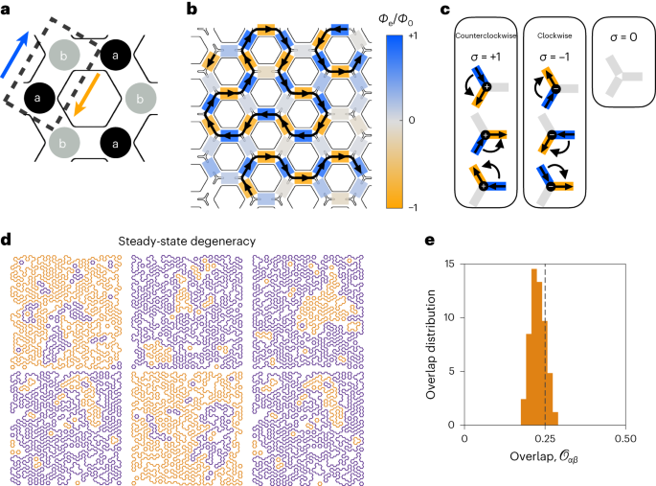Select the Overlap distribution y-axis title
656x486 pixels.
tap(431, 332)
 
